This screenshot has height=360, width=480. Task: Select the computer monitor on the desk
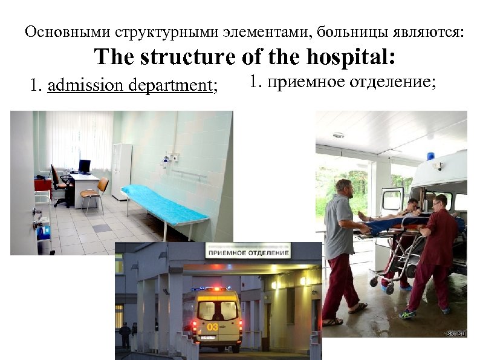(x=85, y=166)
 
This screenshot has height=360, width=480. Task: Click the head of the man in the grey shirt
(x=344, y=188)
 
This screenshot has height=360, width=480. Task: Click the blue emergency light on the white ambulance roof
(x=431, y=156)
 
